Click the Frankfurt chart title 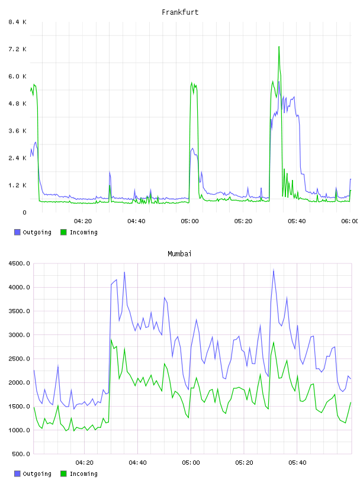click(180, 12)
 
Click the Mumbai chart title click(179, 254)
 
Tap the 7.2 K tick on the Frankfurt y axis click(18, 49)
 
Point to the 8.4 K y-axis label click(18, 22)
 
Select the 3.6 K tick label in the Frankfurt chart click(18, 131)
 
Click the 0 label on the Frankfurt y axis click(24, 212)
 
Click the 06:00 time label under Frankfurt click(350, 221)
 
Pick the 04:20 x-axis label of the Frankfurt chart click(83, 221)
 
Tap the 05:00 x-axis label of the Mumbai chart click(191, 463)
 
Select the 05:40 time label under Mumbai click(297, 463)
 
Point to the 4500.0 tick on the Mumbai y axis click(19, 263)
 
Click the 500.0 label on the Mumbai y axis click(21, 454)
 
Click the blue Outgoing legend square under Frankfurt click(17, 232)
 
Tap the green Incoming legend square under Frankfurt click(63, 232)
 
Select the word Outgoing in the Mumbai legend click(37, 474)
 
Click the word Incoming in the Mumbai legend click(83, 474)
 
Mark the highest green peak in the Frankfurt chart click(279, 47)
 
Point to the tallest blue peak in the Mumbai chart click(274, 271)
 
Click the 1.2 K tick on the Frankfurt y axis click(18, 185)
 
